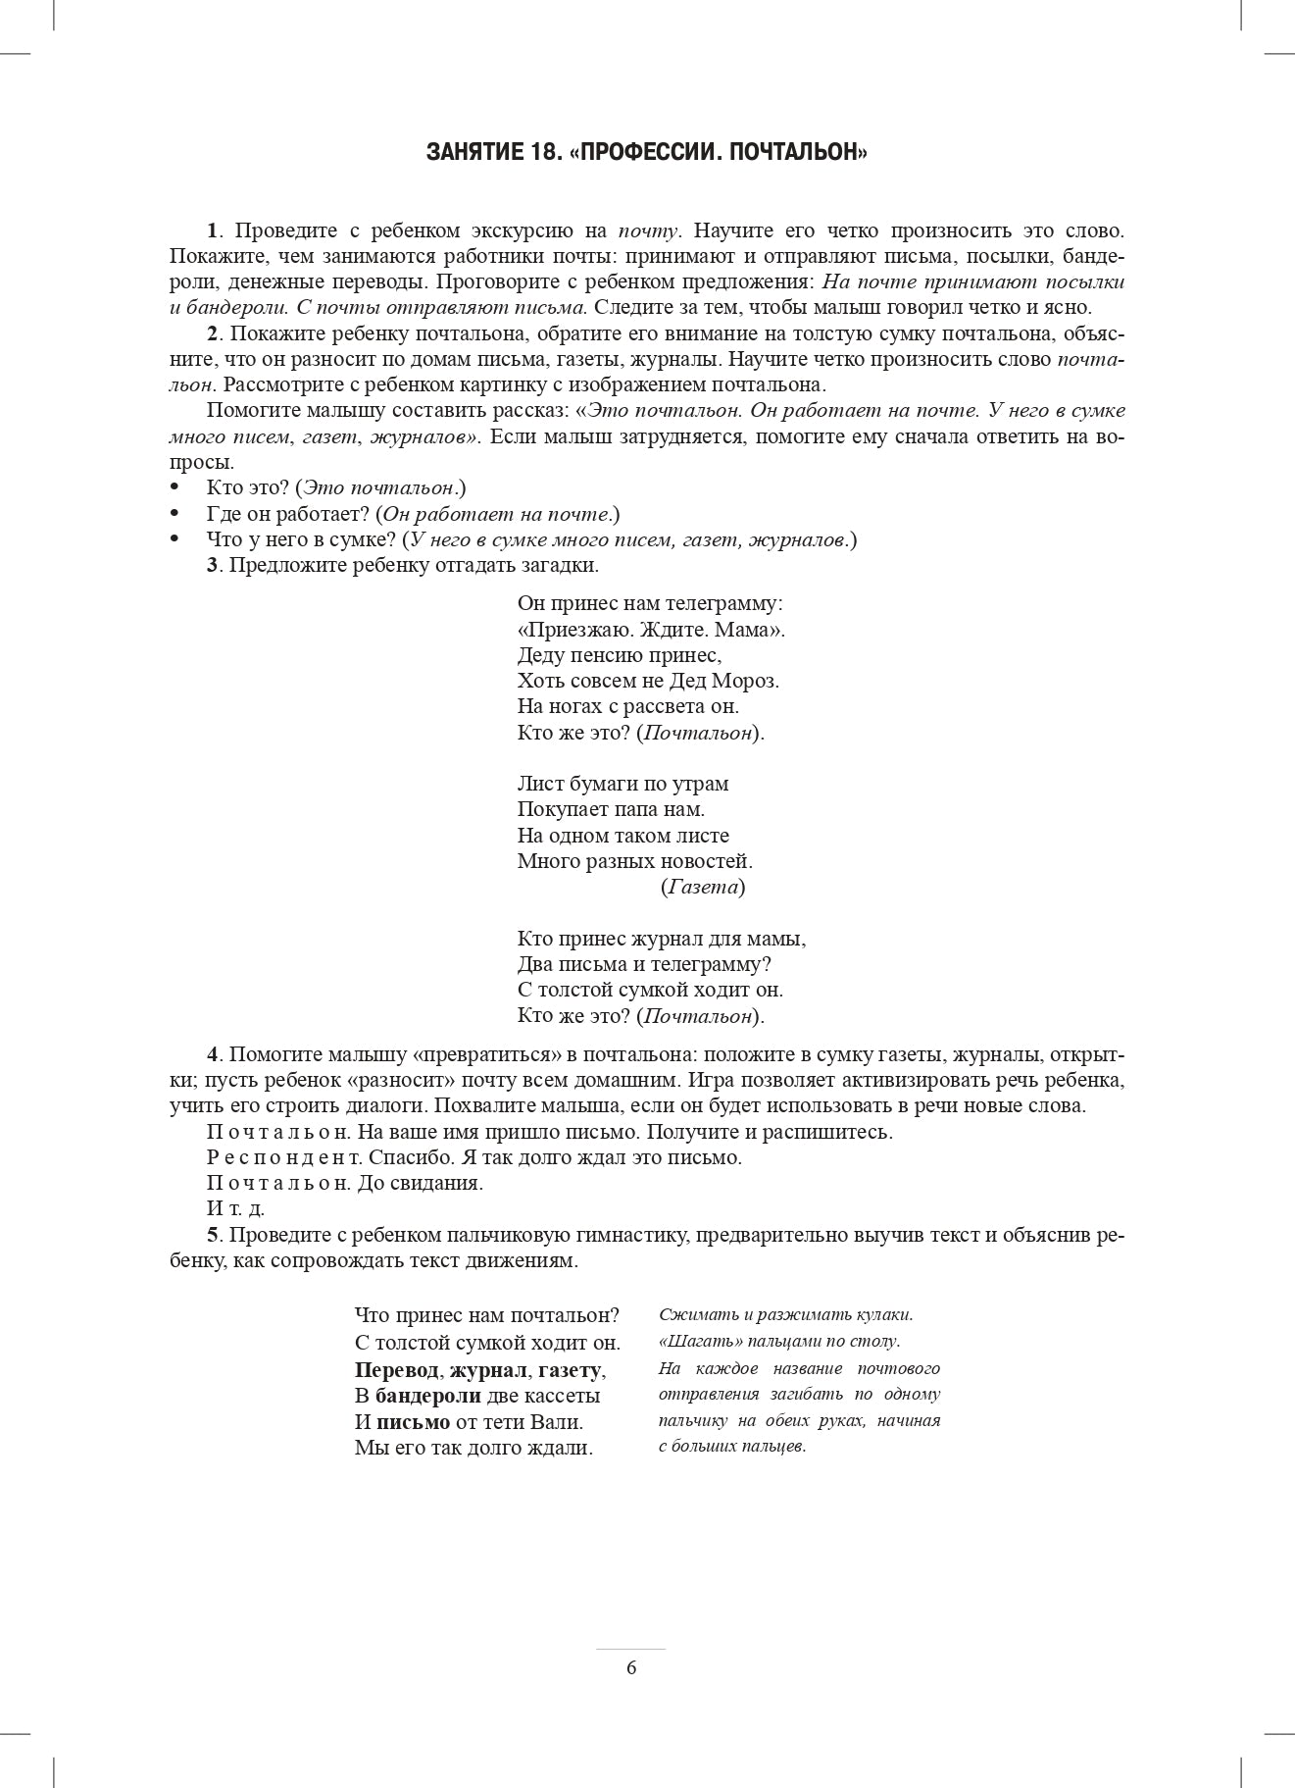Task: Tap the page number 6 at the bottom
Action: [631, 1668]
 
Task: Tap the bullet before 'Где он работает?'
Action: [175, 514]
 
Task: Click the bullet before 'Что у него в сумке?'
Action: [175, 539]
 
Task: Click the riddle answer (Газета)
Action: [702, 888]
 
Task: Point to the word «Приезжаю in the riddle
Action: [566, 630]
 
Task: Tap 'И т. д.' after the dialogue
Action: [235, 1209]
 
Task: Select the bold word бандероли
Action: [427, 1396]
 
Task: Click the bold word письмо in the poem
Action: [413, 1422]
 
